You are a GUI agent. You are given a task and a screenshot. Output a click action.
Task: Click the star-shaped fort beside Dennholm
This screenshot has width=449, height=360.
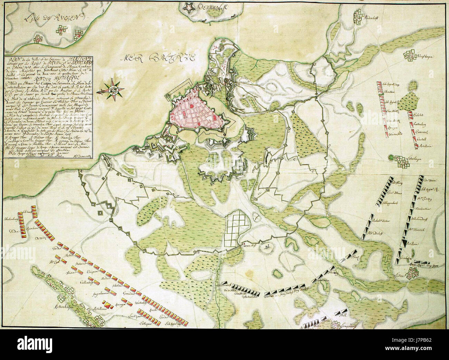[189, 7]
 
